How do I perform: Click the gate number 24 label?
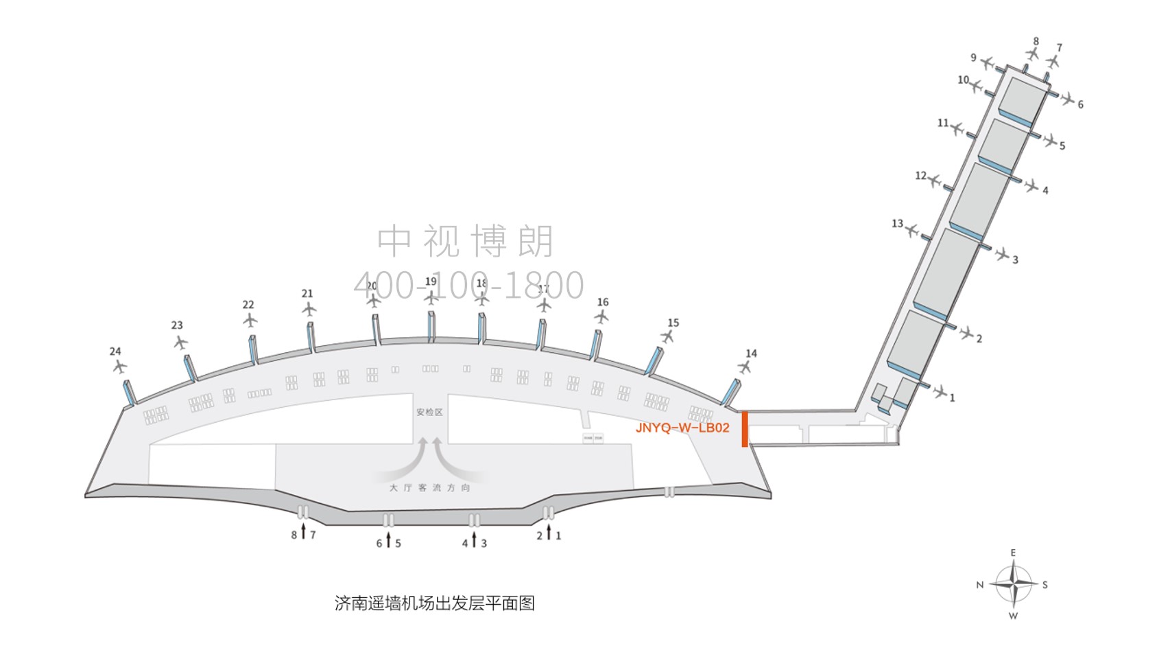click(x=115, y=351)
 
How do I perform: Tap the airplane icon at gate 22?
click(x=250, y=321)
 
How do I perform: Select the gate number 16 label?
click(x=603, y=302)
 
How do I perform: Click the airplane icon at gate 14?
click(x=745, y=367)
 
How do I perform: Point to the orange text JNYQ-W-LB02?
click(x=682, y=428)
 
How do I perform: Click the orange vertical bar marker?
click(x=745, y=429)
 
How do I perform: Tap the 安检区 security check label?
click(x=429, y=412)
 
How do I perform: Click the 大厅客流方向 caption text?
click(x=430, y=487)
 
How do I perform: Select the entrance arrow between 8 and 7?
click(x=303, y=532)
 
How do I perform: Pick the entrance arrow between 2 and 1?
click(x=549, y=532)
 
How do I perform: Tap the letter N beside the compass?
click(x=980, y=585)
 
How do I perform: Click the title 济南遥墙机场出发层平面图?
click(x=434, y=603)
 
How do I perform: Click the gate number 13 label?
click(x=897, y=223)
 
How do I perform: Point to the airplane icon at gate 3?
click(x=1002, y=255)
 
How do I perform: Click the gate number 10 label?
click(x=963, y=80)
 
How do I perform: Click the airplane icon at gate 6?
click(x=1067, y=99)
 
